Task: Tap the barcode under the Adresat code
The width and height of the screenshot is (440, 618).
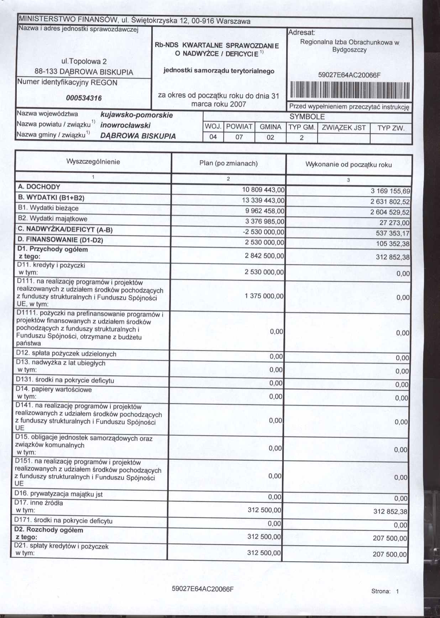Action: (350, 90)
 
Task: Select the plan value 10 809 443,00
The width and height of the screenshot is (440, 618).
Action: (263, 190)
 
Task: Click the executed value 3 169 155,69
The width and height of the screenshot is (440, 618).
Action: (390, 191)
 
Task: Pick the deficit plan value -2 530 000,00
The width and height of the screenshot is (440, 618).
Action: (263, 232)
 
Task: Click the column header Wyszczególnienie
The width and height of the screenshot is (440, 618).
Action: (93, 162)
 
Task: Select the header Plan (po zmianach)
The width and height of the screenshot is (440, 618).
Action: (229, 163)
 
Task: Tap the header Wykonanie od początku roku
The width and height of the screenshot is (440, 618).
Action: (349, 164)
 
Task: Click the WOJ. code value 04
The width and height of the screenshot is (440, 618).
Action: (213, 137)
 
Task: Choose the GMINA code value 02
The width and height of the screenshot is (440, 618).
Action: (270, 137)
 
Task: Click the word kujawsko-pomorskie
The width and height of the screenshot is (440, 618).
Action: (137, 115)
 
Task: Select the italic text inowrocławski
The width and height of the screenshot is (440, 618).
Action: (125, 125)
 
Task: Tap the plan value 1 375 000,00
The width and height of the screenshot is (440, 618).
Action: (264, 296)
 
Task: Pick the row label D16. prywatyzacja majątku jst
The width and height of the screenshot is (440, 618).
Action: (58, 494)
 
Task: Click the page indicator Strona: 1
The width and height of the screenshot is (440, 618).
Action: (385, 591)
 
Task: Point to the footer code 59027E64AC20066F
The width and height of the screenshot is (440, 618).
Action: (203, 588)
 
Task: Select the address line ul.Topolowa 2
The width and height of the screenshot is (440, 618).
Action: (84, 62)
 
